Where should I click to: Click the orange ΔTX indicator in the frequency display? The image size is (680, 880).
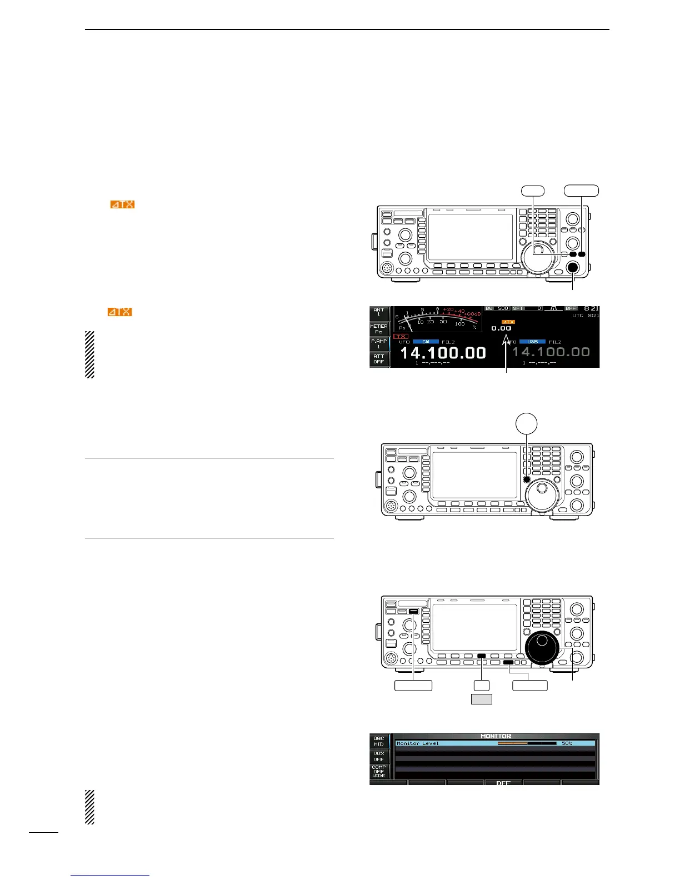click(x=508, y=322)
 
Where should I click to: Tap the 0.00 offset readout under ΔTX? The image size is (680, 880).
click(x=501, y=328)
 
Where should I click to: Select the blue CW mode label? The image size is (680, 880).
click(x=426, y=342)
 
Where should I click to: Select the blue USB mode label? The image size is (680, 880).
click(x=532, y=342)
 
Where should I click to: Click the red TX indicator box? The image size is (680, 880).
click(x=401, y=337)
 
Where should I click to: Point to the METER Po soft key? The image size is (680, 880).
click(x=379, y=329)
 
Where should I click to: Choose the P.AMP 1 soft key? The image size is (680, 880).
click(x=379, y=343)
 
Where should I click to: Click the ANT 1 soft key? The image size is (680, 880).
click(x=379, y=313)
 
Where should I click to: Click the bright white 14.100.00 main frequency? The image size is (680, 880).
click(x=443, y=353)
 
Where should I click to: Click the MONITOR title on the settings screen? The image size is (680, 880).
click(x=496, y=736)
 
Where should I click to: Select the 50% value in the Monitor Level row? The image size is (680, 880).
click(x=566, y=743)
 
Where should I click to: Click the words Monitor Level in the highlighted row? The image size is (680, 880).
click(x=417, y=743)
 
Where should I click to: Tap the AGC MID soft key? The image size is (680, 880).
click(x=379, y=741)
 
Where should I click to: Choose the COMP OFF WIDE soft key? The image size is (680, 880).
click(x=379, y=771)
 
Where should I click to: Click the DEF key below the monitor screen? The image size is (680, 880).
click(x=503, y=783)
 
